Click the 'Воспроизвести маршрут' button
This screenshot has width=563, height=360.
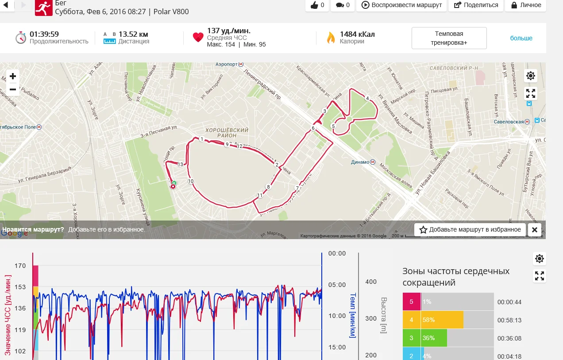tap(402, 5)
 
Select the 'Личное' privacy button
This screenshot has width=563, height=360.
tap(526, 5)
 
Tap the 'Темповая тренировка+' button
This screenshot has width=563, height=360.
tap(449, 38)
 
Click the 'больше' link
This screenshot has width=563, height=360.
tap(521, 38)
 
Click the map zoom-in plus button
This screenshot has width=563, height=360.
tap(13, 76)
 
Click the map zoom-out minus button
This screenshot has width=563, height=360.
tap(13, 89)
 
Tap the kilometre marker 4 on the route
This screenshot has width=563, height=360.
tap(367, 98)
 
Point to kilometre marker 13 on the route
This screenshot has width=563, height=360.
tap(180, 164)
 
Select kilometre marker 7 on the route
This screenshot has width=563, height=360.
tap(297, 188)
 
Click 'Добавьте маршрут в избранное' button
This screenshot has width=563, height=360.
tap(470, 229)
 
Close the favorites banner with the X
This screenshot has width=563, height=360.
tap(534, 229)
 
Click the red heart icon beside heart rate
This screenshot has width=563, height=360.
tap(198, 38)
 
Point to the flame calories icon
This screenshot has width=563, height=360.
tap(331, 38)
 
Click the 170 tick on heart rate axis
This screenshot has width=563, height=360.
tap(20, 266)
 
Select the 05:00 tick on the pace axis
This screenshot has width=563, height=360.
tap(337, 285)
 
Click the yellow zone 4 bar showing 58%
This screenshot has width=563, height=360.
tap(442, 320)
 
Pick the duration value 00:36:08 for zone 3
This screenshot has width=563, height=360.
tap(509, 338)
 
